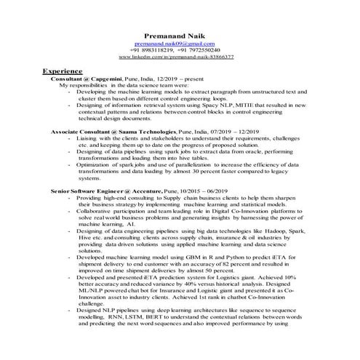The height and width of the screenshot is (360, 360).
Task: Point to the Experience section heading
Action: [62, 73]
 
